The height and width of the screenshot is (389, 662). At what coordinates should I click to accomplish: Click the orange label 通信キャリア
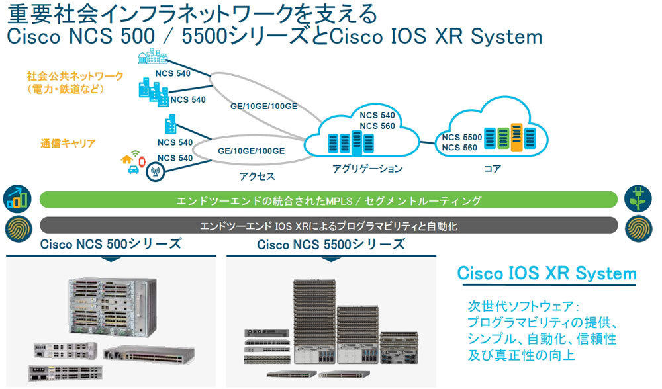point(68,142)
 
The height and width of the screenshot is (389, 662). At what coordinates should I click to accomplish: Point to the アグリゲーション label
point(367,169)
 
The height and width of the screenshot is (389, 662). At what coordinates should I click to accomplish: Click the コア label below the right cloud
point(492,169)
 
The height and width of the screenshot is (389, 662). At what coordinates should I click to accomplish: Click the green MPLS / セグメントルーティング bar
point(328,200)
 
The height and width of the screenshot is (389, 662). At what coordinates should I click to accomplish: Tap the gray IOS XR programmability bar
point(328,226)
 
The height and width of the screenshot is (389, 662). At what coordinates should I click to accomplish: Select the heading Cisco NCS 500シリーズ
point(111,244)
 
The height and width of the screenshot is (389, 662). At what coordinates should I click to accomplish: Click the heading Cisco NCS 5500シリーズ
point(330,244)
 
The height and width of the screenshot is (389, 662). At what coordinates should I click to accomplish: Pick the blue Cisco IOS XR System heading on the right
point(547,273)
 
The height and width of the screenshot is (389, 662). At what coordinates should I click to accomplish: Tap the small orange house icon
point(127,159)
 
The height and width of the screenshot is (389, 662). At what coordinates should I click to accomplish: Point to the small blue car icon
point(133,170)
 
